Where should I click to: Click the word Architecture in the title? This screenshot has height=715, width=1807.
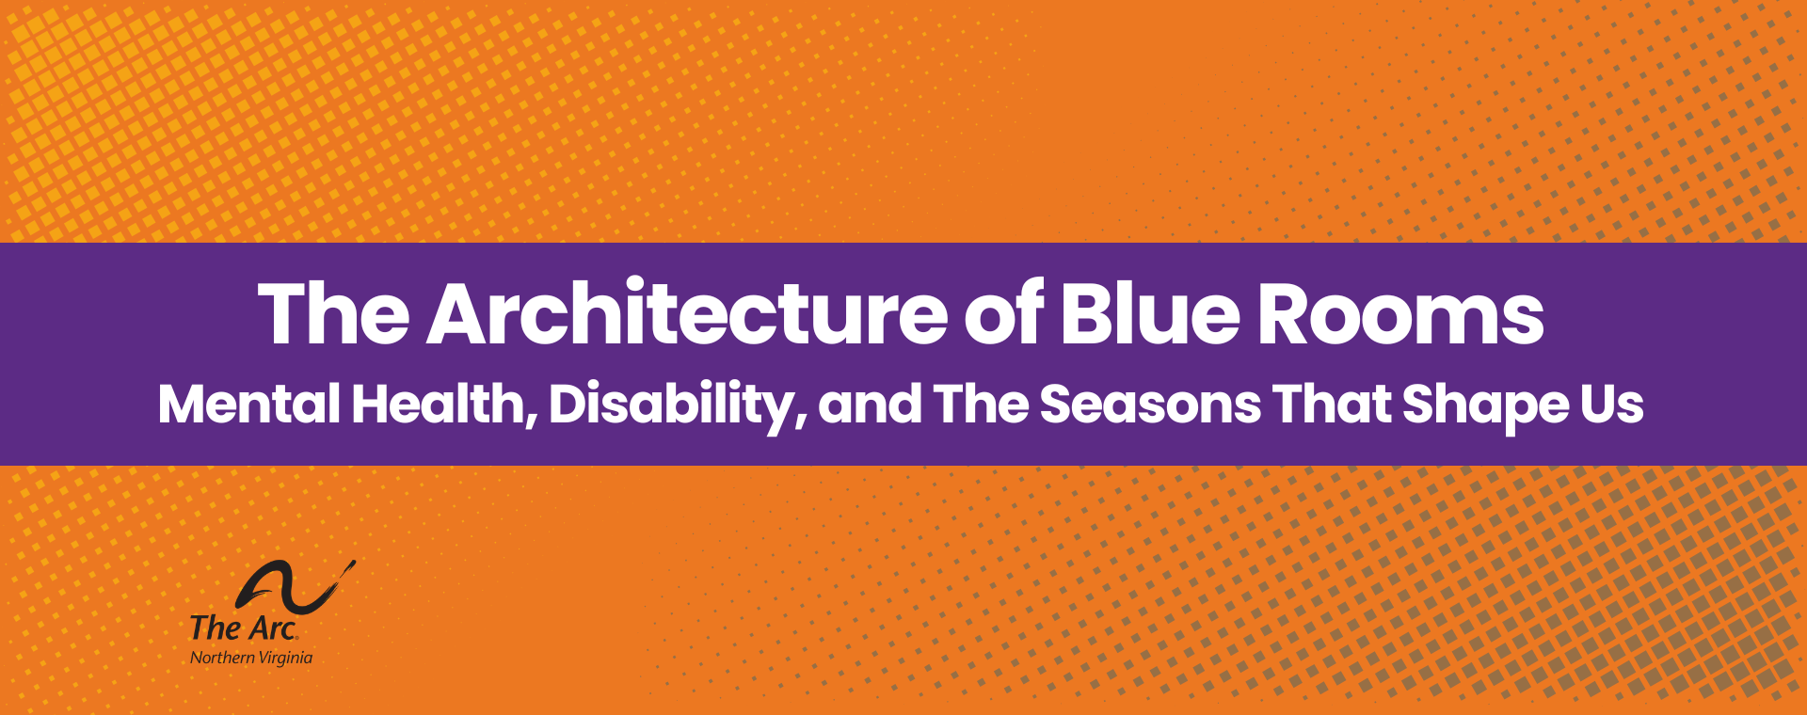click(687, 314)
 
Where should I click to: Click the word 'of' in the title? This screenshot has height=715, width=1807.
click(1003, 314)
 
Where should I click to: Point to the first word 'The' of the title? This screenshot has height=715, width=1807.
click(334, 314)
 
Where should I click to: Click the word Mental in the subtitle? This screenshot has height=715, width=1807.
click(249, 405)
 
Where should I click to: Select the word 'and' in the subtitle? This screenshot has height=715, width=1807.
click(870, 405)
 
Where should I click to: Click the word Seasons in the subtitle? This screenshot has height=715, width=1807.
click(1150, 405)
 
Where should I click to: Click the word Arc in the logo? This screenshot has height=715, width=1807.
click(273, 628)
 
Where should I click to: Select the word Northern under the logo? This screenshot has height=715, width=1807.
click(222, 658)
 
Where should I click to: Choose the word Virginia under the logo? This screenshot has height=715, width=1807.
click(285, 658)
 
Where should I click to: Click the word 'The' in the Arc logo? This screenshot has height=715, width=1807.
click(216, 628)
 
